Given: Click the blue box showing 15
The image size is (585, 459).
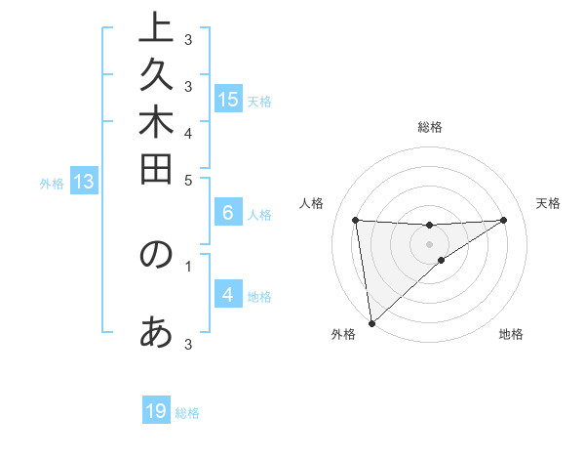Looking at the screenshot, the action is (228, 99).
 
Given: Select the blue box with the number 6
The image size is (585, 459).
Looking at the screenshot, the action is (228, 213).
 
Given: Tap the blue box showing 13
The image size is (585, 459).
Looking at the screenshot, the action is (83, 181).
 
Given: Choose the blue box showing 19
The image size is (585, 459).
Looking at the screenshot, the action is (156, 411).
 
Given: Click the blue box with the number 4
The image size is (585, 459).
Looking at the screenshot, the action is (228, 295).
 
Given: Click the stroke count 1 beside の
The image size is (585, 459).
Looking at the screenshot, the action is (188, 264).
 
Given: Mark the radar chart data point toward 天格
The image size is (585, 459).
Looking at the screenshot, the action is (503, 220).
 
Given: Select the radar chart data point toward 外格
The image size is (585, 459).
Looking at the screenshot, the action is (371, 322).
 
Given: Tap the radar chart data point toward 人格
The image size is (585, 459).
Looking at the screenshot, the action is (356, 220).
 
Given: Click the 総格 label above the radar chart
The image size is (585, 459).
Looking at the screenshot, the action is (430, 127).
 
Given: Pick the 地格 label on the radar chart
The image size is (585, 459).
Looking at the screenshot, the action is (511, 335).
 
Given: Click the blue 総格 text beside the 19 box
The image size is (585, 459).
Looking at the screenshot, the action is (187, 413).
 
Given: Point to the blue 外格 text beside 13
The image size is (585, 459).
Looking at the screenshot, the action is (52, 183).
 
